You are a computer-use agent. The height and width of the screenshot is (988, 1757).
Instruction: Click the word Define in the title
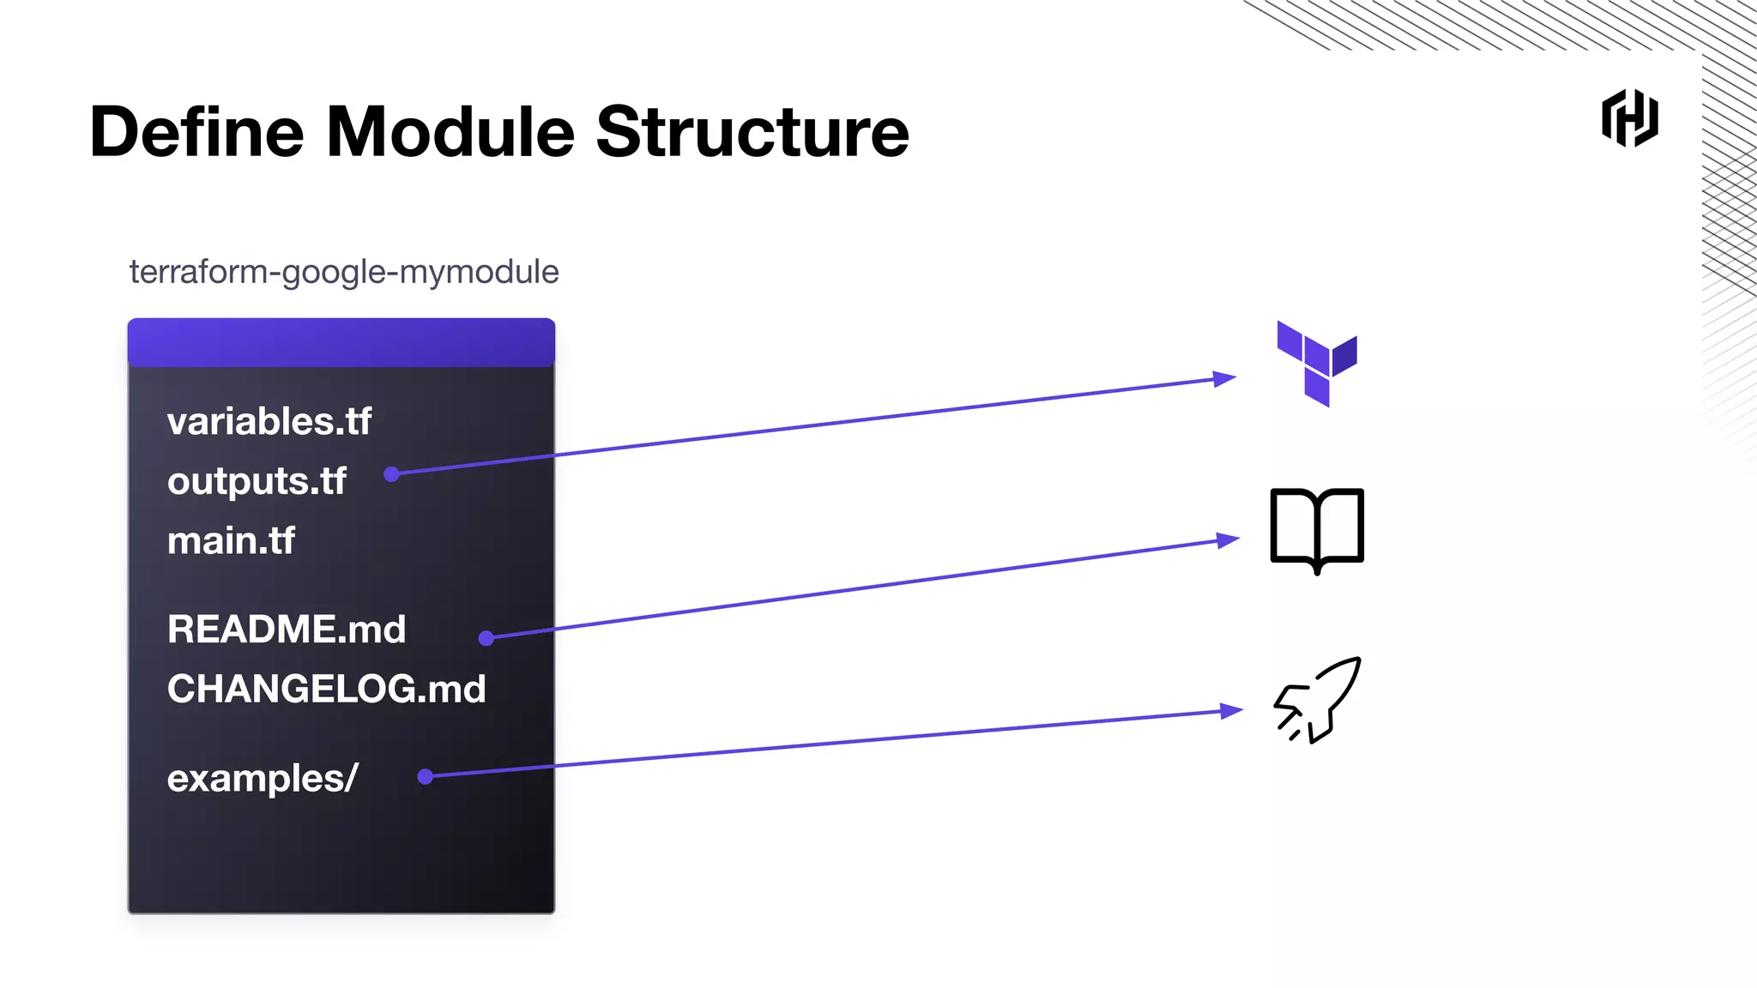(196, 132)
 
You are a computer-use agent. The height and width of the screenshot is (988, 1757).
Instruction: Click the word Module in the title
(450, 132)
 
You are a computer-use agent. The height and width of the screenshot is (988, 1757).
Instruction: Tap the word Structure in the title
(752, 132)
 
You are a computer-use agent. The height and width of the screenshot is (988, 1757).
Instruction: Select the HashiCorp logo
(1629, 118)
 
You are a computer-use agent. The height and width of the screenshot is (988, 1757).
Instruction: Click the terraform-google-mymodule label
(344, 272)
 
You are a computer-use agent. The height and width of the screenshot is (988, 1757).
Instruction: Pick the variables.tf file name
(269, 422)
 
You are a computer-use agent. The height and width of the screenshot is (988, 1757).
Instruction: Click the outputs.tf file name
(257, 481)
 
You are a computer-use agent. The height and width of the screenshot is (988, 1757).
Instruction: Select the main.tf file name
(231, 541)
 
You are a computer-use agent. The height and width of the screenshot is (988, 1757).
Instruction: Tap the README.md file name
(287, 630)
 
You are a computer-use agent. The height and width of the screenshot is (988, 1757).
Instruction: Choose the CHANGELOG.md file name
(326, 689)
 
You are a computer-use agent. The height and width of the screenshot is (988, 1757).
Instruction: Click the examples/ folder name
(262, 778)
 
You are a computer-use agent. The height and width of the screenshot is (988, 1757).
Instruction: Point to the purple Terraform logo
(1316, 362)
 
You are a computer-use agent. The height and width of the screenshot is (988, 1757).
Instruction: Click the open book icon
(1317, 529)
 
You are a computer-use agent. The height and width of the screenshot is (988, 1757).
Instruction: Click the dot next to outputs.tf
(391, 474)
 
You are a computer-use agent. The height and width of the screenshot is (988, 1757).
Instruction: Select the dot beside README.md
(486, 638)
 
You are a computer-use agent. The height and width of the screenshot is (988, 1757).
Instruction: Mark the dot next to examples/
(425, 777)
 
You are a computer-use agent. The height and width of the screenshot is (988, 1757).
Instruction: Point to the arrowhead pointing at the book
(1229, 540)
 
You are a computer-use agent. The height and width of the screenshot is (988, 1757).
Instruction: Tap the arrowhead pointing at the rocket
(1232, 710)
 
